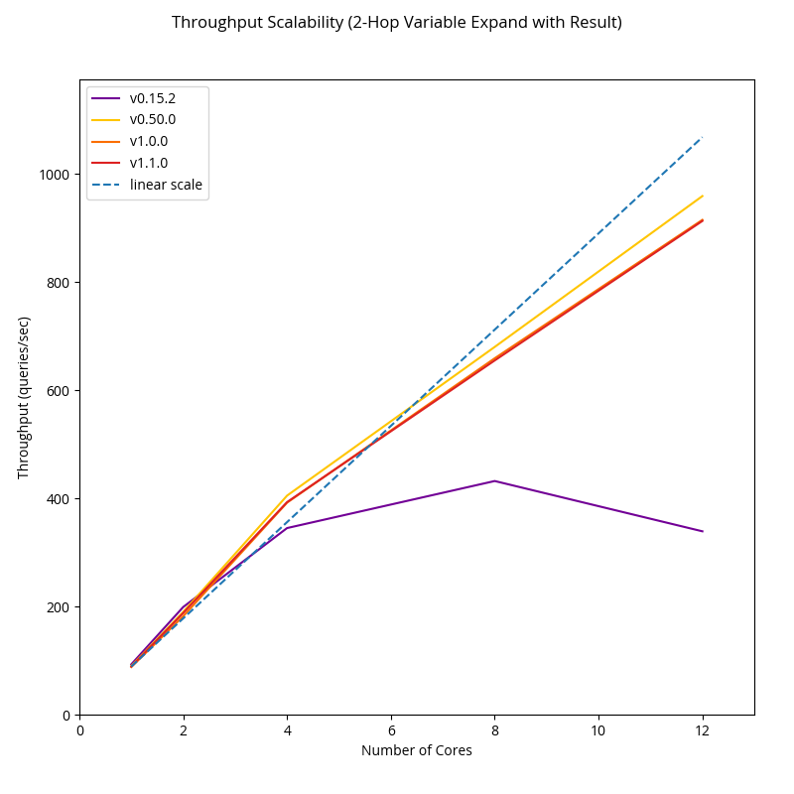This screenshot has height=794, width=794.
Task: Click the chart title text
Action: coord(397,22)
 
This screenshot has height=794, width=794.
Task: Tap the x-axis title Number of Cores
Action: coord(417,751)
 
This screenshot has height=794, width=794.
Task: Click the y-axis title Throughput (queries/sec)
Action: coord(25,397)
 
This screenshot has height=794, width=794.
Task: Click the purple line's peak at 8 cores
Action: coord(494,480)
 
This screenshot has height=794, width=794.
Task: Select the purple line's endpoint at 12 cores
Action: coord(703,531)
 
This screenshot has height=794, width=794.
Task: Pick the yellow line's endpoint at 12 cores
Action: coord(703,196)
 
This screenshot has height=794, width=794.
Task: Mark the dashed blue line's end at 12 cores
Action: coord(703,137)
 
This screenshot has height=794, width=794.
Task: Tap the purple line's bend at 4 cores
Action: coord(287,528)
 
